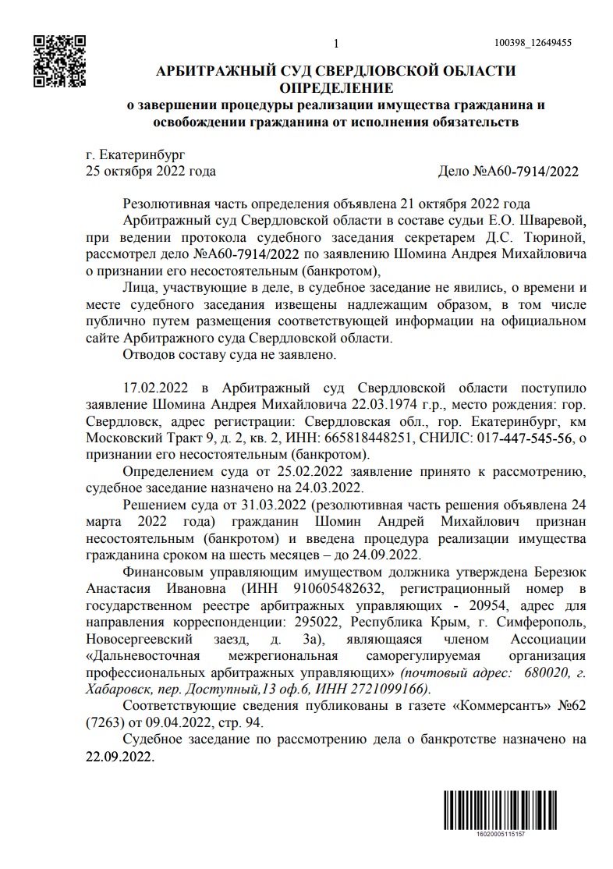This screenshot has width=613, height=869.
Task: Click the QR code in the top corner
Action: [x=59, y=59]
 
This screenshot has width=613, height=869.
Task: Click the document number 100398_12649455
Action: [x=533, y=43]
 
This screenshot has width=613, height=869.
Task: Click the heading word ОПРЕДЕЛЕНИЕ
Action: [x=336, y=87]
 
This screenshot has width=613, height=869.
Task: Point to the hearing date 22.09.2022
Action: [x=119, y=756]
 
